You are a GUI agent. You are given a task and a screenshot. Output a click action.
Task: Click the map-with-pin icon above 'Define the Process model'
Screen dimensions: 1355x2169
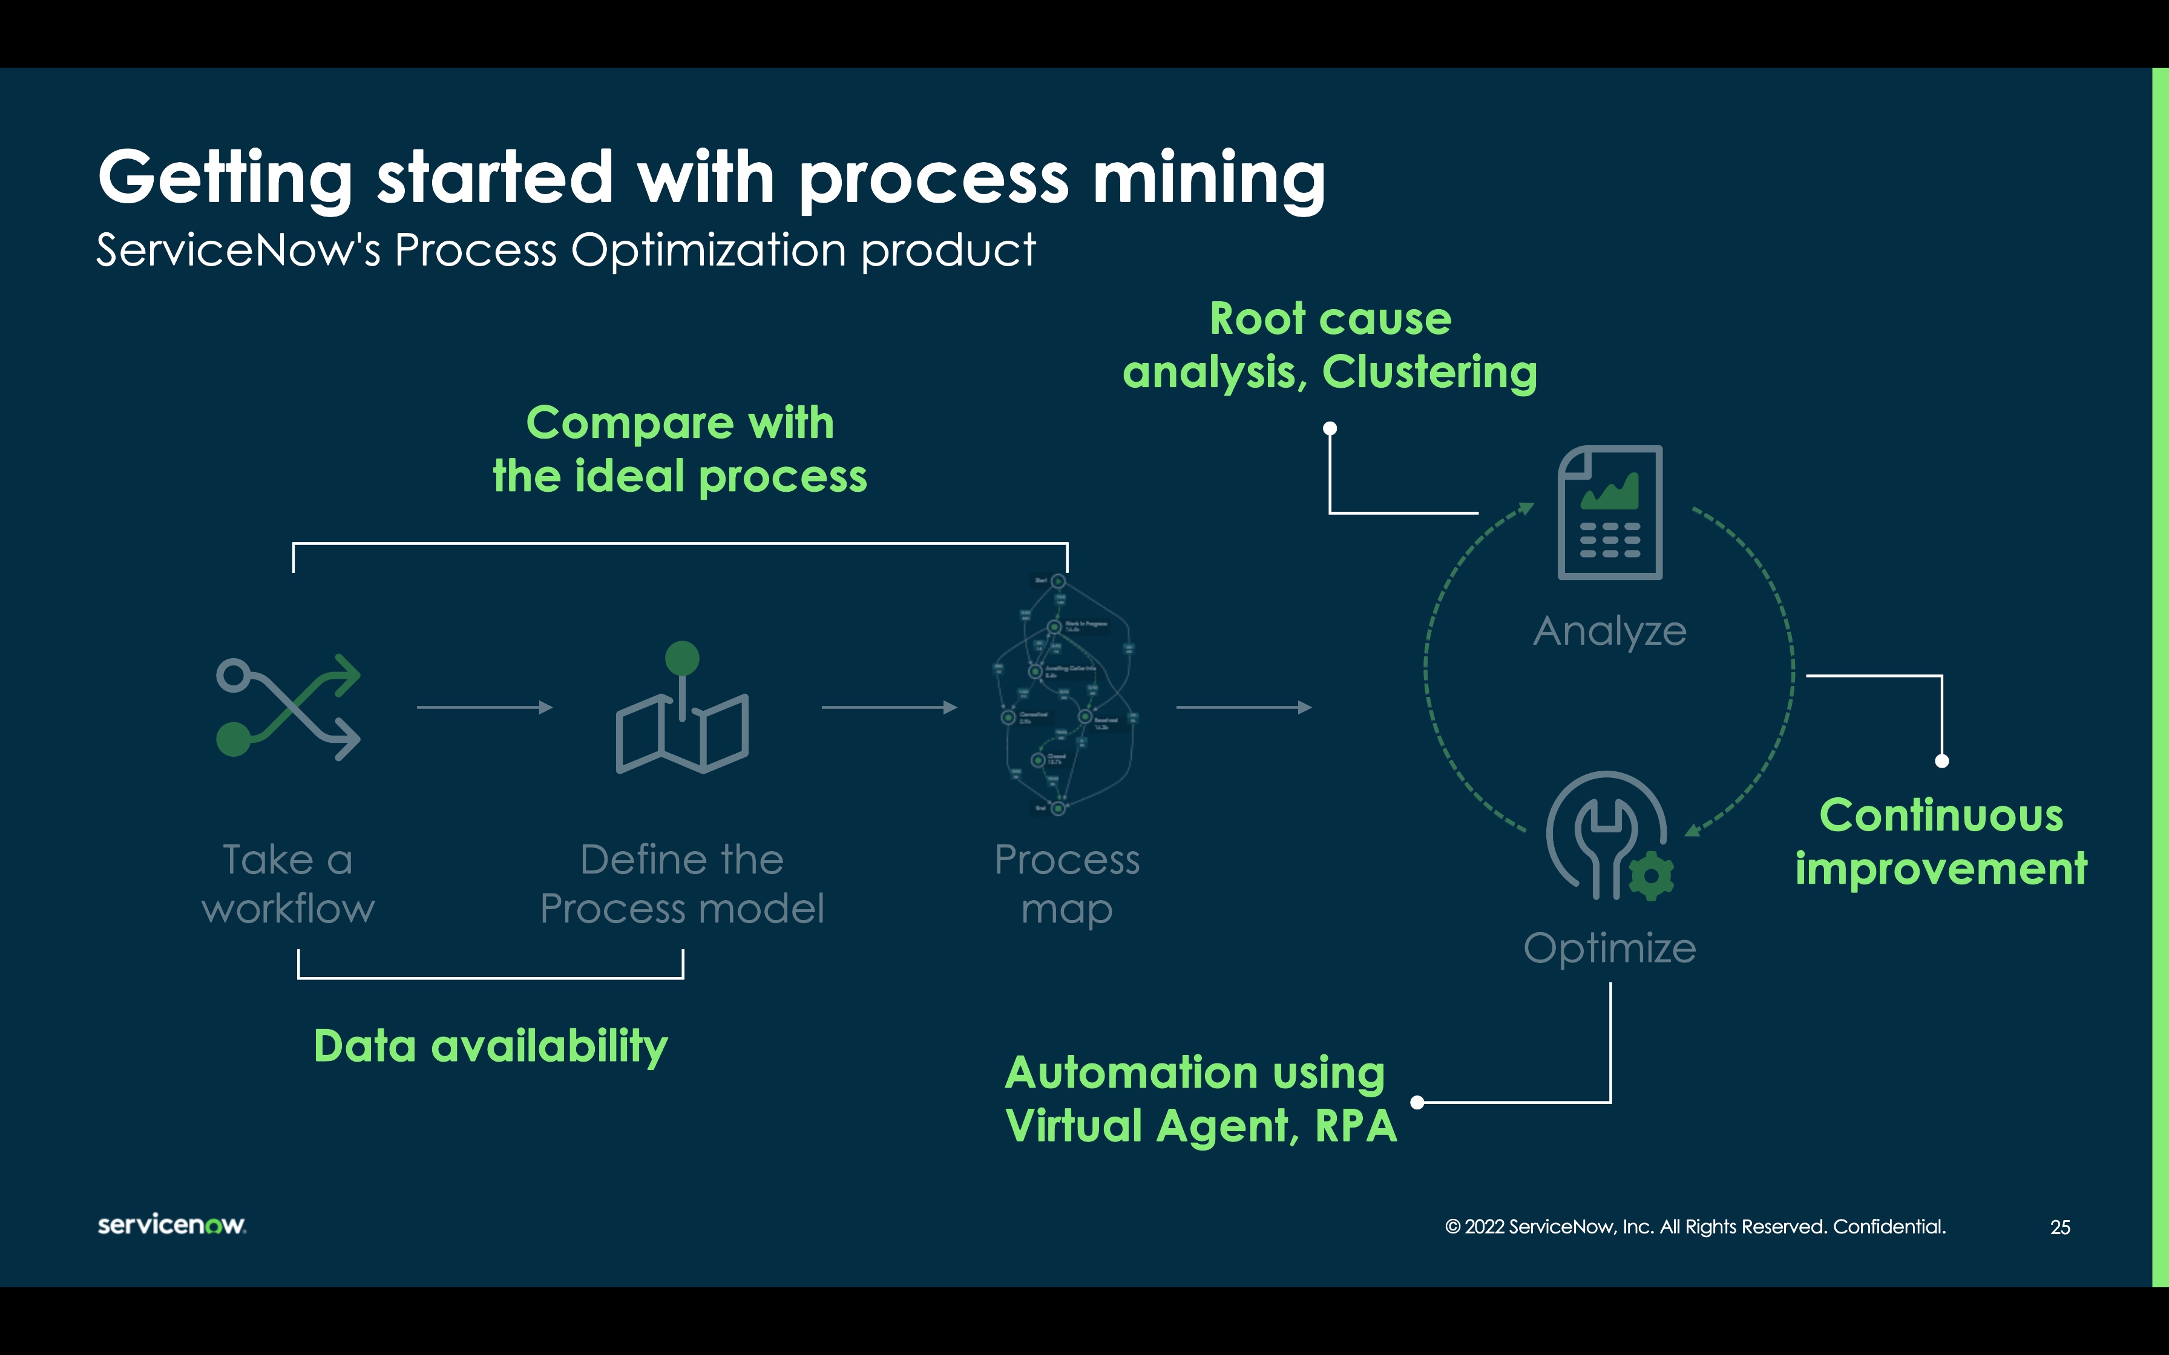click(x=682, y=710)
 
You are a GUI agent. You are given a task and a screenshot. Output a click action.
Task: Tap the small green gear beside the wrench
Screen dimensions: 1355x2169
click(x=1650, y=875)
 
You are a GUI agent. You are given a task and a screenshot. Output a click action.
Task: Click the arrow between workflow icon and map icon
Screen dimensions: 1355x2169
click(x=484, y=708)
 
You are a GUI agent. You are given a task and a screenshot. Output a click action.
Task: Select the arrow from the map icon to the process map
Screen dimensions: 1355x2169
click(x=889, y=708)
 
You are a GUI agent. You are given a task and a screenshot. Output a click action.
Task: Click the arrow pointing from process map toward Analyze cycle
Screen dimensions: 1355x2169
click(x=1243, y=708)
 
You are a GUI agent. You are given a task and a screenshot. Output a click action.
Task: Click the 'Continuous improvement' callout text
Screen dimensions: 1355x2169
click(x=1940, y=843)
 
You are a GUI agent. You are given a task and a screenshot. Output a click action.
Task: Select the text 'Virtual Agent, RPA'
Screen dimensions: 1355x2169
click(x=1201, y=1126)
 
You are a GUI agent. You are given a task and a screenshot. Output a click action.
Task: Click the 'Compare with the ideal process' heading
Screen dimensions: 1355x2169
click(x=680, y=449)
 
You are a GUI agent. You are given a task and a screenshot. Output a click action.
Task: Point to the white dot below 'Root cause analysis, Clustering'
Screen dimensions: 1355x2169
click(x=1330, y=428)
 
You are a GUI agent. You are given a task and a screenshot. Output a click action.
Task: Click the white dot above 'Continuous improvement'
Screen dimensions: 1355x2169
click(x=1941, y=761)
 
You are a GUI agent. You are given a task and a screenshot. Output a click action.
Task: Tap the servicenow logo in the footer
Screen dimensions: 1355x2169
click(x=171, y=1224)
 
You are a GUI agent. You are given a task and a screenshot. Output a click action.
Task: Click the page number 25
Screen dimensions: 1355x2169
click(x=2059, y=1227)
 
